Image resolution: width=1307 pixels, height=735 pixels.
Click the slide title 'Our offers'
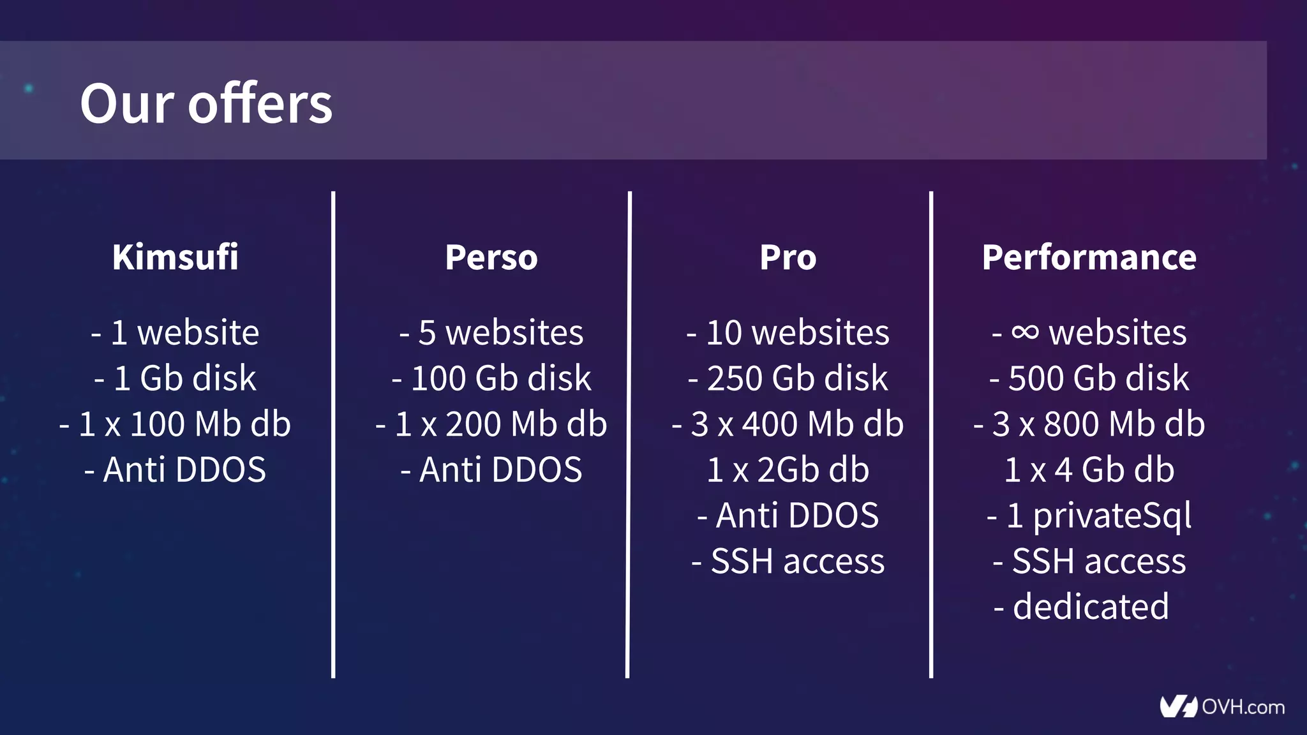[206, 103]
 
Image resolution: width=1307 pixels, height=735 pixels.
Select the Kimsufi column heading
[176, 257]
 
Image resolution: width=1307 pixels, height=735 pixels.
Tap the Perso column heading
[491, 257]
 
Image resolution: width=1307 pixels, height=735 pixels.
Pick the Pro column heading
[788, 257]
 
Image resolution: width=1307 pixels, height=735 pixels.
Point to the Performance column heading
[1089, 257]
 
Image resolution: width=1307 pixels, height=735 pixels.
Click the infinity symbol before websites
[1025, 332]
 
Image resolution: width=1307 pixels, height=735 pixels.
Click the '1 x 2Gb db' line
[788, 470]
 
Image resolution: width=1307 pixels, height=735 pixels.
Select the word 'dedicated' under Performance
[1091, 606]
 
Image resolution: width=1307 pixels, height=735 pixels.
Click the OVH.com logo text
[1243, 707]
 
